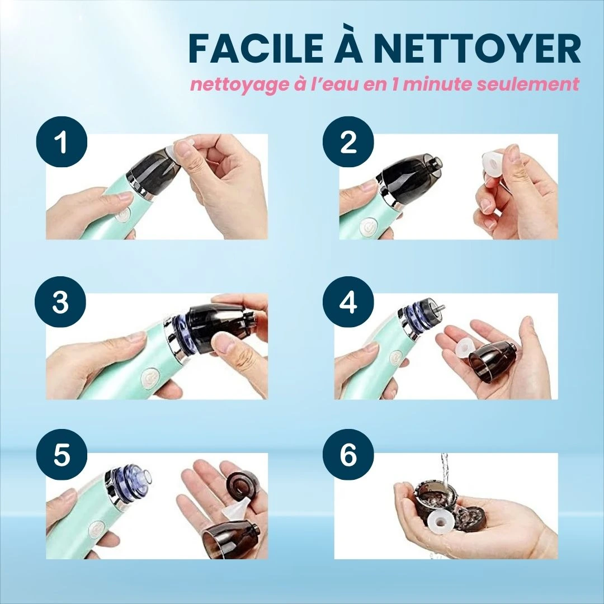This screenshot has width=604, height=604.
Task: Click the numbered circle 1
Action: click(62, 141)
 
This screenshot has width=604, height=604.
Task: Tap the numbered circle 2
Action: click(348, 141)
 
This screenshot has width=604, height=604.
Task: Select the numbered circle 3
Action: click(60, 303)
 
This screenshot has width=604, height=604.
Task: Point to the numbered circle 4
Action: click(348, 303)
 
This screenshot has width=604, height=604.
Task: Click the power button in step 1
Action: click(122, 216)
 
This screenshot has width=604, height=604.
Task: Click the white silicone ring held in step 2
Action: click(497, 167)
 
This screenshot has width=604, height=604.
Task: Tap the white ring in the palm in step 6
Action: click(441, 522)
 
